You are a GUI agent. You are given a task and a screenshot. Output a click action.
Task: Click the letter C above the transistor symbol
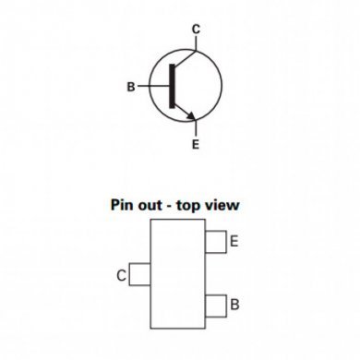[x=196, y=30]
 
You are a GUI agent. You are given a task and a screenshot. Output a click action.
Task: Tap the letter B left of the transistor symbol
[x=131, y=88]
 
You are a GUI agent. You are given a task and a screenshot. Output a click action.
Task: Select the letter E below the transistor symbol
[x=196, y=146]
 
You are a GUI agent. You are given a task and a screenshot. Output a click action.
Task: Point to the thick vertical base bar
[x=173, y=87]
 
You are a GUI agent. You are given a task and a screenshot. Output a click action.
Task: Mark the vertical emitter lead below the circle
[x=196, y=130]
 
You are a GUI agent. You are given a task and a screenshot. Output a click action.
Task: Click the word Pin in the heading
[x=124, y=206]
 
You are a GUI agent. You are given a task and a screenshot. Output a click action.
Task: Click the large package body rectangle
[x=178, y=274]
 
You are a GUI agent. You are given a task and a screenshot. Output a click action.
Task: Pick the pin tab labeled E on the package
[x=216, y=242]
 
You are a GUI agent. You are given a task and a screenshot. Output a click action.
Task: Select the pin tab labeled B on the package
[x=216, y=303]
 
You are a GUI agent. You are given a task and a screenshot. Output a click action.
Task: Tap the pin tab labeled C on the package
[x=140, y=274]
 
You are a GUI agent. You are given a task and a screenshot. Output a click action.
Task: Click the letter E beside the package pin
[x=234, y=242]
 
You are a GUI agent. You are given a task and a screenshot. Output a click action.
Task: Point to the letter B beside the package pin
[x=235, y=304]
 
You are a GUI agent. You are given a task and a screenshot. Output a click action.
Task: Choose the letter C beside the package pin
[x=122, y=274]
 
